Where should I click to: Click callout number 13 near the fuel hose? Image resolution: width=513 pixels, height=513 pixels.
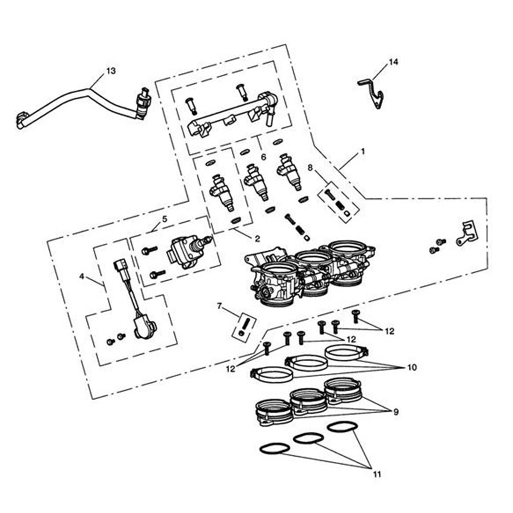coord(111,71)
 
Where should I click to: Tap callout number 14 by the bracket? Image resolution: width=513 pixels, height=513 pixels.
coord(393,62)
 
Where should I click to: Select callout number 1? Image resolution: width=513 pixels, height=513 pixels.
coord(363,152)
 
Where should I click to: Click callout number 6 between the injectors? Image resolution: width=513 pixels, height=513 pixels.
coord(263,157)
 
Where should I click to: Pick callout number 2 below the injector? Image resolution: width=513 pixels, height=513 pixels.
coord(256,239)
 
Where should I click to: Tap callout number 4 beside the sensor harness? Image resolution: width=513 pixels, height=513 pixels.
coord(82,276)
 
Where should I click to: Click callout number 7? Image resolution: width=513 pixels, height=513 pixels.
coord(220,306)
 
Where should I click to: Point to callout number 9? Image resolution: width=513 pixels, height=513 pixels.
coord(395,412)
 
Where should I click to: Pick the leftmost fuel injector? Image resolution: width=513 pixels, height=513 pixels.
coord(222,191)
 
